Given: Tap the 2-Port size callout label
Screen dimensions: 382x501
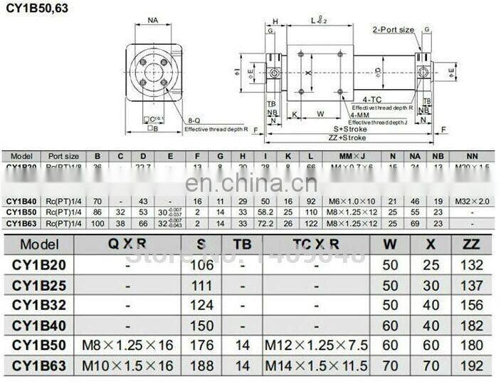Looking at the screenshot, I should pos(393,29).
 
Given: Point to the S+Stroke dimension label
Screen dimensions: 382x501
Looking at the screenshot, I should pos(350,128).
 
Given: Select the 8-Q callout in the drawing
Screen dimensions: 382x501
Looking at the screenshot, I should pos(194,121).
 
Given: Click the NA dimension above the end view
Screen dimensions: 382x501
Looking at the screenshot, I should pos(153,21).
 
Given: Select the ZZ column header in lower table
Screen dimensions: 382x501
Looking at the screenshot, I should pos(471,244).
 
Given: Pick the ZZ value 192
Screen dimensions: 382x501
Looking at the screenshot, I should pos(471,366).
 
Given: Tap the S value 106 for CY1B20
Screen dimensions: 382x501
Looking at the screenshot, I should pos(203,265).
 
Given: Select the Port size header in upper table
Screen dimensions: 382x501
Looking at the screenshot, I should pos(63,155).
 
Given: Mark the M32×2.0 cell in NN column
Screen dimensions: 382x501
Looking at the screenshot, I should pos(472,202).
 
